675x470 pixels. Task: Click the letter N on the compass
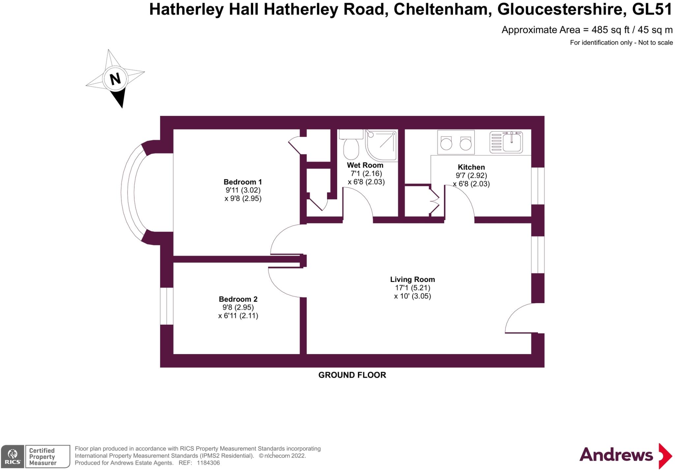pyautogui.click(x=115, y=79)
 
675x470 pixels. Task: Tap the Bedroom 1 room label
pyautogui.click(x=243, y=182)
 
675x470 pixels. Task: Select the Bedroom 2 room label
pyautogui.click(x=238, y=299)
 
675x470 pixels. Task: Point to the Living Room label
pyautogui.click(x=412, y=279)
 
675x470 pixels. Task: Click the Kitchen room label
pyautogui.click(x=471, y=167)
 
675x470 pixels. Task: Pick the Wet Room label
pyautogui.click(x=365, y=165)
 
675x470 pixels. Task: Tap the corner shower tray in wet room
pyautogui.click(x=381, y=145)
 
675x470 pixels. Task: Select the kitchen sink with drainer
pyautogui.click(x=506, y=142)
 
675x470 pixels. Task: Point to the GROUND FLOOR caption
pyautogui.click(x=352, y=375)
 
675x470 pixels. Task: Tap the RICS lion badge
pyautogui.click(x=13, y=456)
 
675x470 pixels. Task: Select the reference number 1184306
pyautogui.click(x=208, y=463)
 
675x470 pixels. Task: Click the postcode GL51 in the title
pyautogui.click(x=652, y=9)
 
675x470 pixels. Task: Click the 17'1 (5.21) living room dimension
pyautogui.click(x=413, y=288)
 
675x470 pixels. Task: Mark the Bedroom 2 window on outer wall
pyautogui.click(x=167, y=306)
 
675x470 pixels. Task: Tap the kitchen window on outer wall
pyautogui.click(x=538, y=186)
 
